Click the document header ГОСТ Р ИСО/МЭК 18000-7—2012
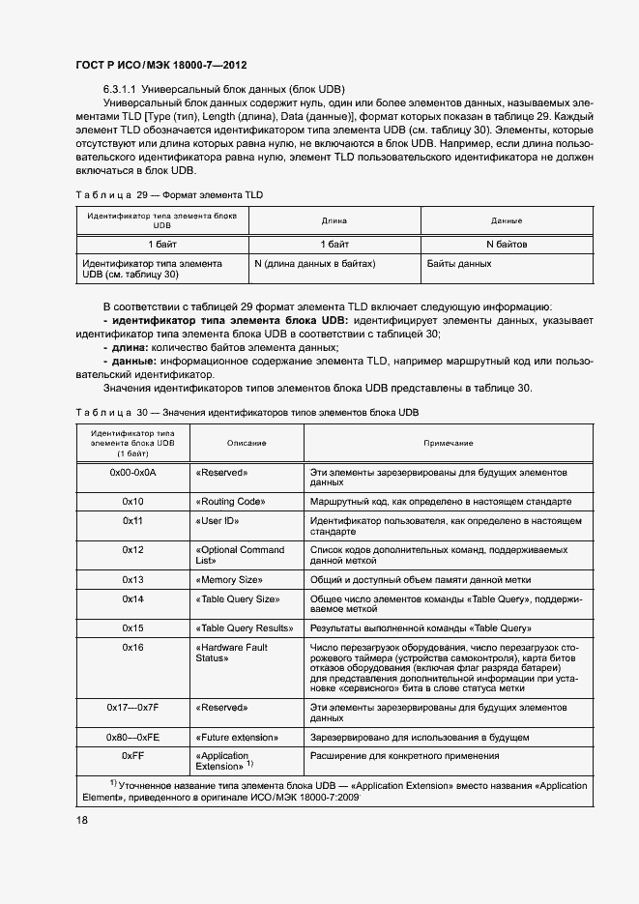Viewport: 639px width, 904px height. click(x=160, y=65)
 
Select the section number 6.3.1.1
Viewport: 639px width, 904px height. click(x=122, y=87)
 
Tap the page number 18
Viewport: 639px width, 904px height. click(x=82, y=820)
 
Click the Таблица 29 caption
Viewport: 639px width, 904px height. click(x=169, y=194)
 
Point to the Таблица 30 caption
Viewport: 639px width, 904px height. click(x=247, y=412)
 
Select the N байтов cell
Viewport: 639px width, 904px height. click(x=507, y=244)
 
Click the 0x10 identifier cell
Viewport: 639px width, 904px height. click(x=132, y=502)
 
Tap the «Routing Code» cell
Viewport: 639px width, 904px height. click(x=230, y=502)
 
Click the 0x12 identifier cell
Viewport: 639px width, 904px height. click(x=132, y=549)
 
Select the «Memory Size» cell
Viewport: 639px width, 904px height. click(x=229, y=579)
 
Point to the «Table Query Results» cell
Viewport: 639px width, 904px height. click(x=245, y=627)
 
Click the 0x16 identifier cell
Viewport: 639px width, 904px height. click(x=132, y=647)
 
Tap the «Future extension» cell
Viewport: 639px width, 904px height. click(x=237, y=736)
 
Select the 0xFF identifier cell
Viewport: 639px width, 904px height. click(x=132, y=755)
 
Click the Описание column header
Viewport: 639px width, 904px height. click(x=247, y=442)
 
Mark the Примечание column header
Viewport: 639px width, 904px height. click(x=448, y=442)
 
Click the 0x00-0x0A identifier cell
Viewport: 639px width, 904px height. click(x=132, y=473)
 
